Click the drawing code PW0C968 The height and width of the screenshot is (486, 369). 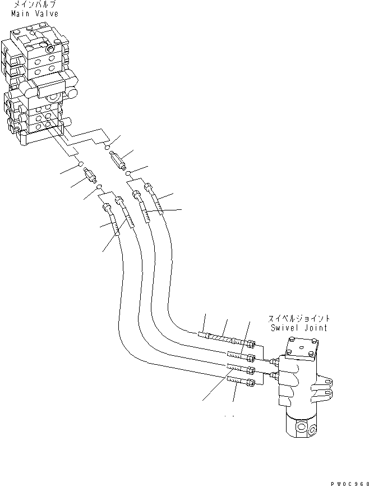(x=349, y=482)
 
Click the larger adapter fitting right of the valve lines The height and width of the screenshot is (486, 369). (x=119, y=160)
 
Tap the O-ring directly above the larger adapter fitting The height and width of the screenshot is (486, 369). (x=107, y=148)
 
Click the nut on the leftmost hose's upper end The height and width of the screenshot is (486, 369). (x=106, y=208)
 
